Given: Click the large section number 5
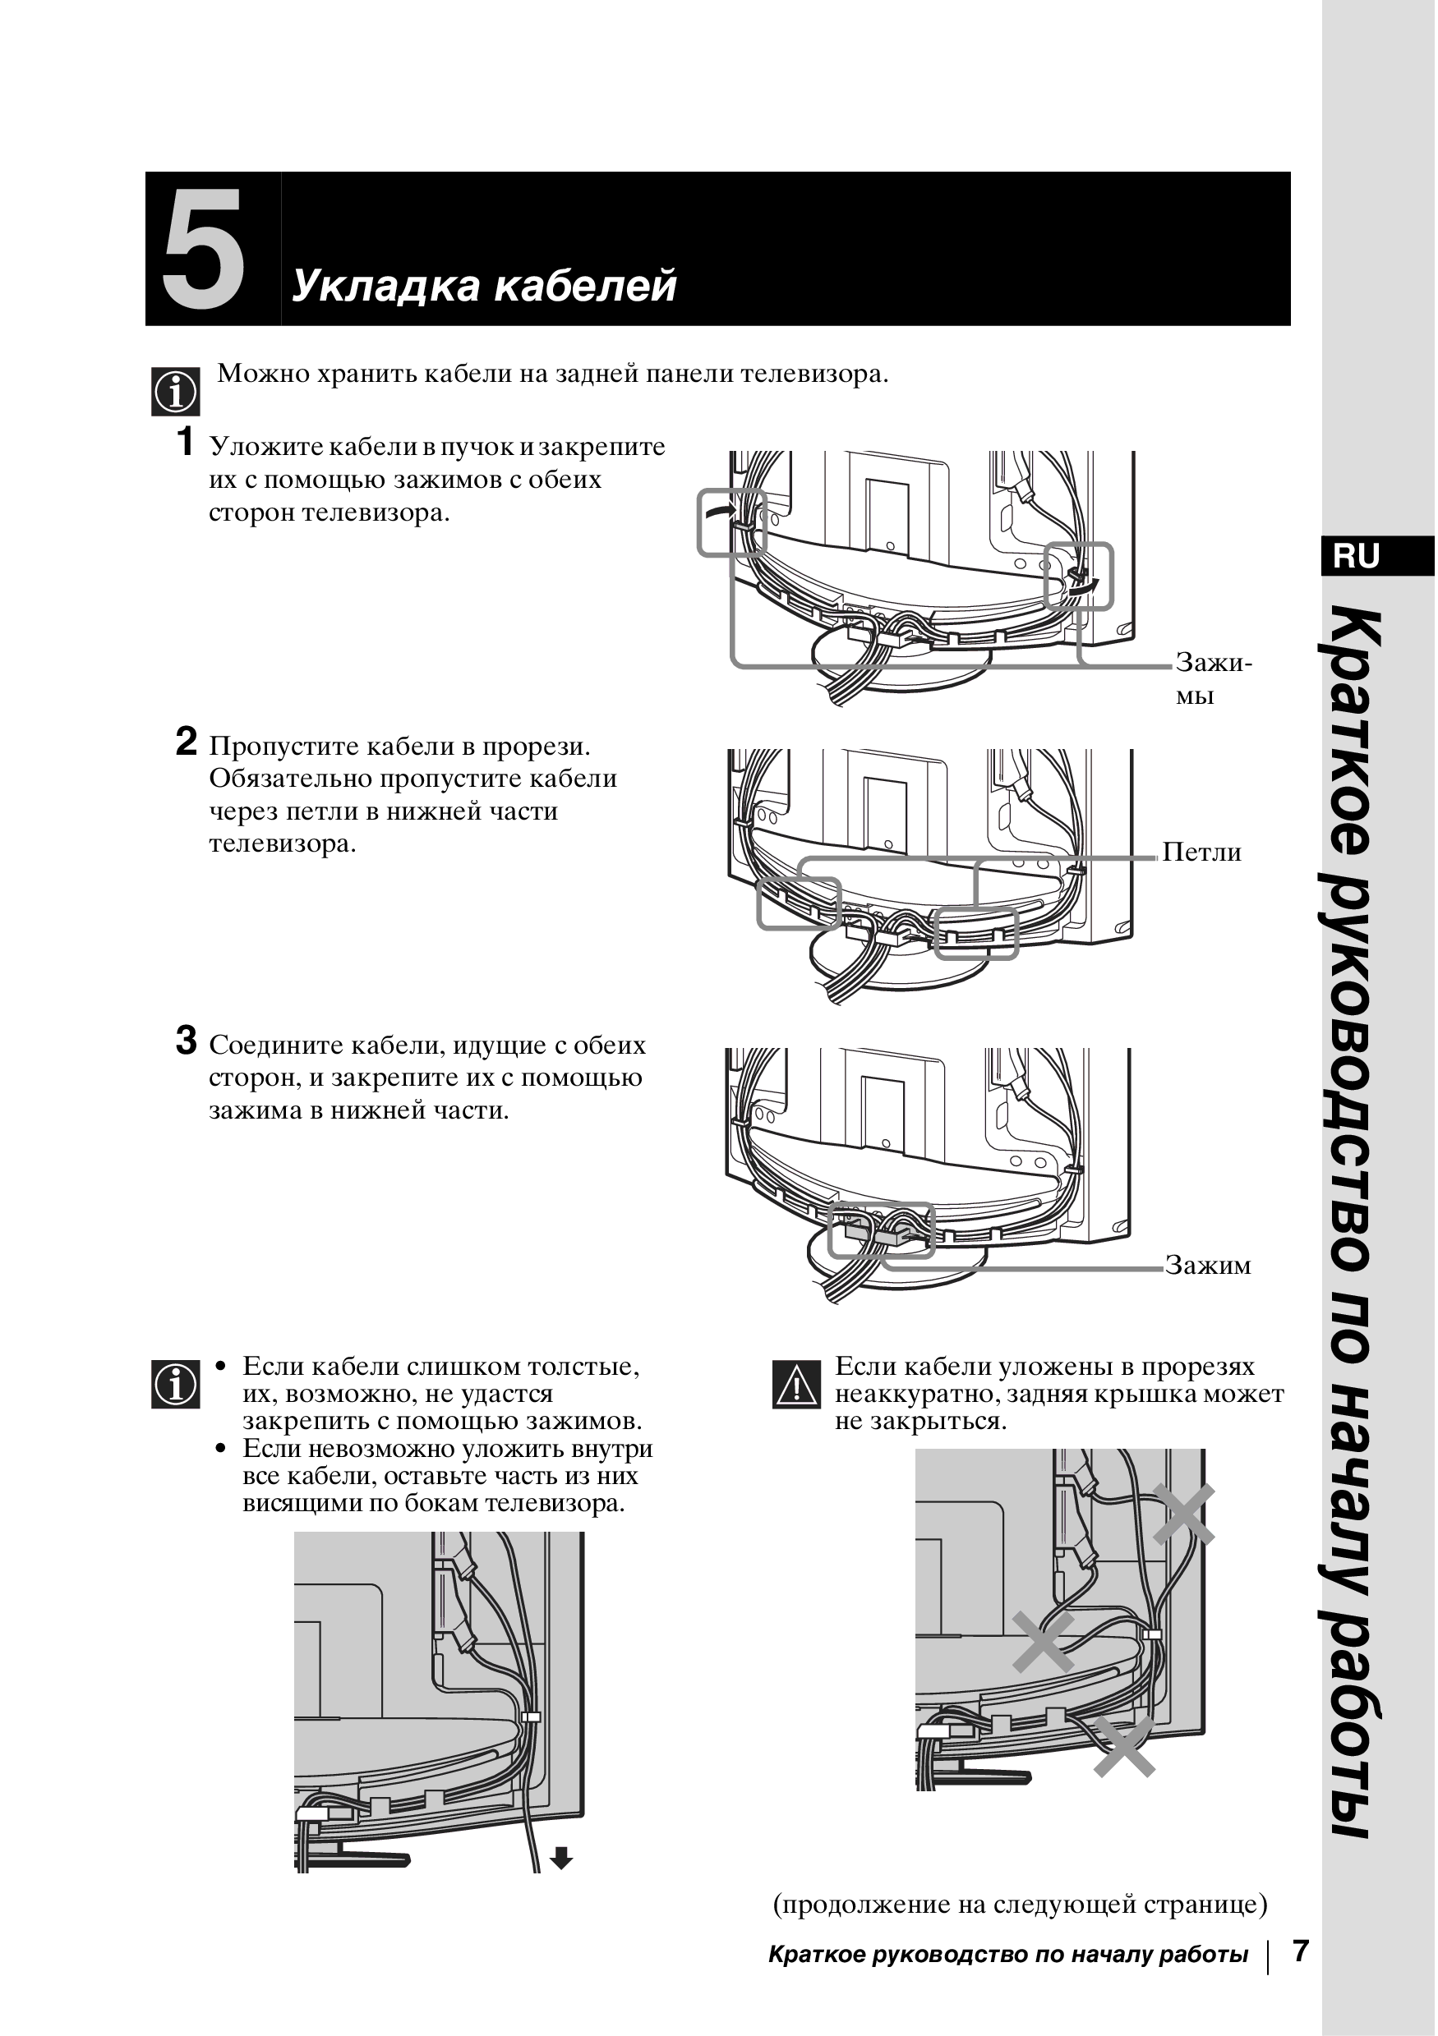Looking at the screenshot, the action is (203, 250).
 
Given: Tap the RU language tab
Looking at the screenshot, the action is (1357, 556).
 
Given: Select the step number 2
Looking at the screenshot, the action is (186, 741).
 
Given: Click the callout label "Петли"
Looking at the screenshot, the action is (1201, 853).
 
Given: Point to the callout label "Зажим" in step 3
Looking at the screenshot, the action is (1207, 1265).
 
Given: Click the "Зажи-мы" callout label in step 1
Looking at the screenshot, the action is (1213, 678).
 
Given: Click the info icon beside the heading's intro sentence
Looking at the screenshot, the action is (176, 392).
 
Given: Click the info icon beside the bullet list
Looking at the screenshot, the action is (176, 1385).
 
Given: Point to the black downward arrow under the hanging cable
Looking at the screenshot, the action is (561, 1858).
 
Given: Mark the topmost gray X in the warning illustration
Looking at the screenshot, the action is (1183, 1514).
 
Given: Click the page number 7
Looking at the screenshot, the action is (1301, 1951).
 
